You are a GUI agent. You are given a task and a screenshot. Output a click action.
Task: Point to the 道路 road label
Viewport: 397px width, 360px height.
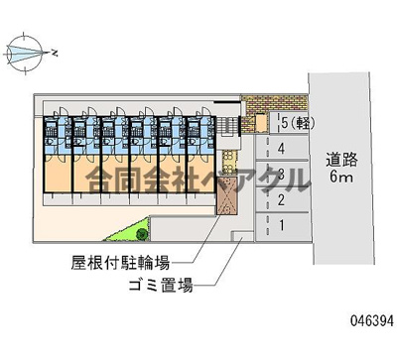coord(341,159)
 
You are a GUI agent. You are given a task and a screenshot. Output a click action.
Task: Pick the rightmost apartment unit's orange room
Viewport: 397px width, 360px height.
coord(200,174)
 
